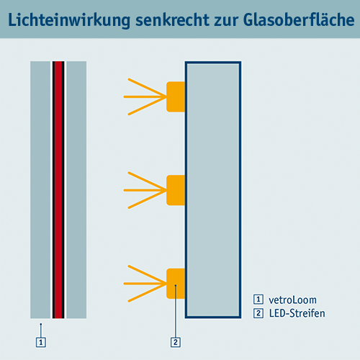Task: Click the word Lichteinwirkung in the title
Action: tap(69, 20)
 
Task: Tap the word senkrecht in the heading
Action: tap(173, 19)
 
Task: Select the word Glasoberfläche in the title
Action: tap(299, 19)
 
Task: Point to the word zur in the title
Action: tap(226, 22)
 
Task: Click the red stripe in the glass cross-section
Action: tap(58, 190)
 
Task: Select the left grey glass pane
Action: tap(40, 190)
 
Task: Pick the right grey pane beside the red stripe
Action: tap(76, 190)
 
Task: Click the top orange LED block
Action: tap(176, 96)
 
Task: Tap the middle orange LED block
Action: tap(176, 190)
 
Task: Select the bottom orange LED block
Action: tap(176, 284)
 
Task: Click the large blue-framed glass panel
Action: tap(213, 190)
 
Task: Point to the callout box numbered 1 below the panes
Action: tap(41, 342)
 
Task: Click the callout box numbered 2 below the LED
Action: tap(176, 342)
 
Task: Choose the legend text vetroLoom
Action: tap(292, 300)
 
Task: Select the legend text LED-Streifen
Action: tap(297, 313)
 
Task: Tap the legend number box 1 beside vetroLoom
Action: tap(258, 300)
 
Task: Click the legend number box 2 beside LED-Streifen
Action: tap(258, 313)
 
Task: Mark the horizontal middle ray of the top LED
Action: tap(145, 96)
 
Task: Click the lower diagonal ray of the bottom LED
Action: tap(147, 293)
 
